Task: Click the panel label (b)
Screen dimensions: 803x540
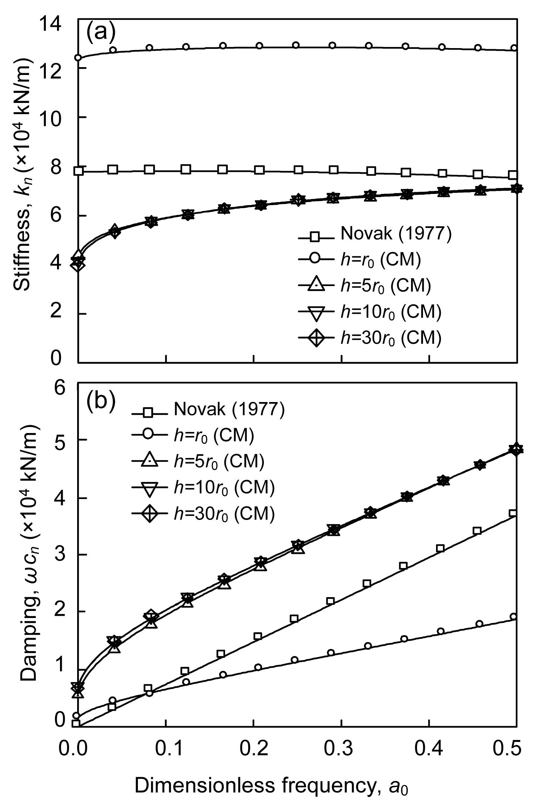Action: [x=101, y=401]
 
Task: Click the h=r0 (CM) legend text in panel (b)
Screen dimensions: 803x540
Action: [x=214, y=435]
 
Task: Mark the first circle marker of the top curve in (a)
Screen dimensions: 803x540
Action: [x=78, y=57]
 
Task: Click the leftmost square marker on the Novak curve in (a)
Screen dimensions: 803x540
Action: [x=79, y=171]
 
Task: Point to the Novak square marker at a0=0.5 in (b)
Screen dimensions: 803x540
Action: [x=513, y=513]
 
